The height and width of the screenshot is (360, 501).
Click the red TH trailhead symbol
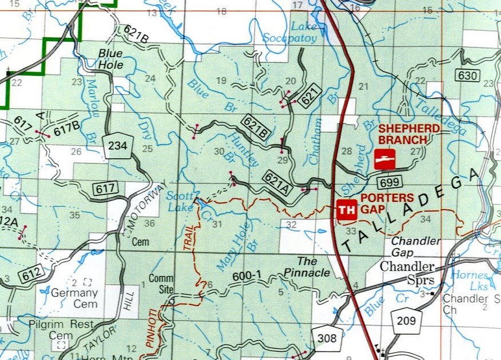[x=346, y=210]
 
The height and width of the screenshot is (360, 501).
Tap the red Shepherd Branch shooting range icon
[x=384, y=159]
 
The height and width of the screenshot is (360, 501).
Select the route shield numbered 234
[x=117, y=147]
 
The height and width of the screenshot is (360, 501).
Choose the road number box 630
[x=466, y=75]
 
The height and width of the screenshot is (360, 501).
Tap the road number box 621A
[x=276, y=182]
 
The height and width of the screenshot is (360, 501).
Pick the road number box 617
[x=107, y=187]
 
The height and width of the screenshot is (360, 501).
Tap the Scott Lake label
[x=179, y=201]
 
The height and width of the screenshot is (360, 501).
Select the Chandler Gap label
[x=416, y=246]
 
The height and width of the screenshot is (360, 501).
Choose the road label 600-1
[x=247, y=276]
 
